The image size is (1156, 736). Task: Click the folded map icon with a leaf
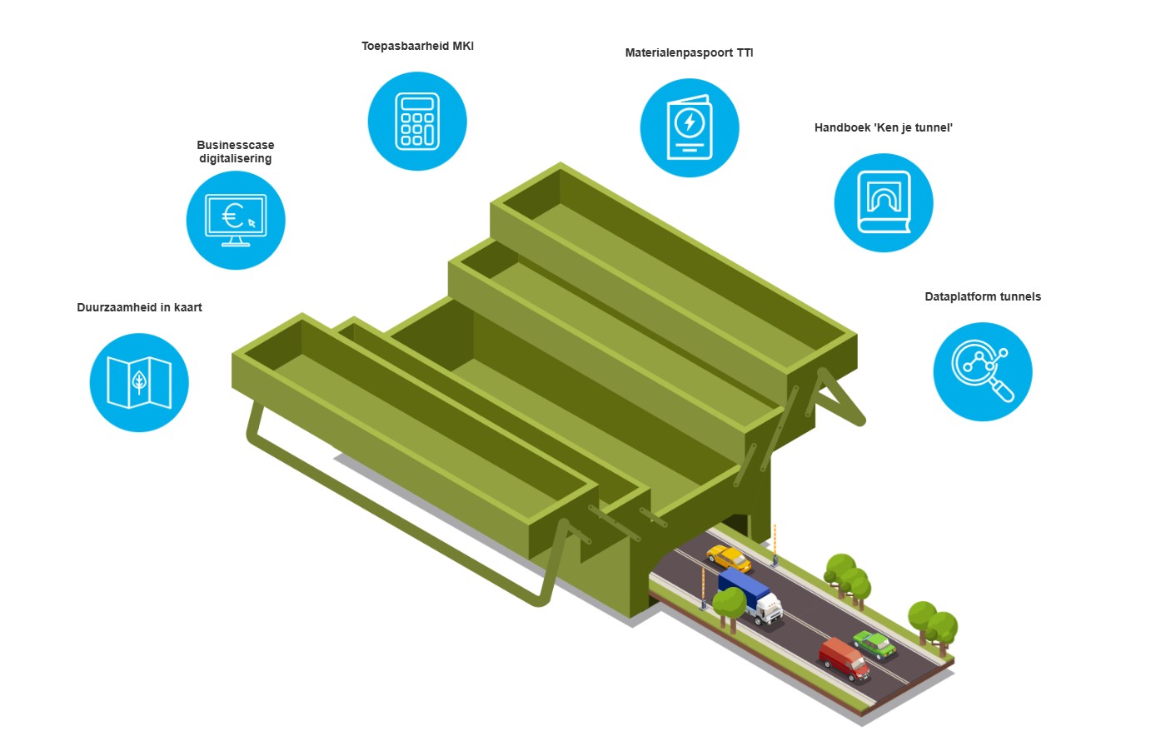click(x=139, y=383)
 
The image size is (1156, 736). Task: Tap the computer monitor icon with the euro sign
click(x=236, y=221)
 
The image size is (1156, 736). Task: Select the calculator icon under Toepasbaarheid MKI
click(x=417, y=122)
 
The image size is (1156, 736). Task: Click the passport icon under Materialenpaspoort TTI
click(x=689, y=128)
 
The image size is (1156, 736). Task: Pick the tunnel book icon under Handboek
click(x=884, y=203)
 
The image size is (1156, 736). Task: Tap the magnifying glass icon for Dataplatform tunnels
click(x=983, y=371)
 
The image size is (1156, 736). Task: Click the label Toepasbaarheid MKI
click(x=417, y=47)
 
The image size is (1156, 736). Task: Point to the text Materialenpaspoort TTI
click(x=689, y=53)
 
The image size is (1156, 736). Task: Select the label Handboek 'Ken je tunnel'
click(x=884, y=128)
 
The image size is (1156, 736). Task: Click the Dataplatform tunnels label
click(x=983, y=297)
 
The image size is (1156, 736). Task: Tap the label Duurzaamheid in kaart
click(x=139, y=308)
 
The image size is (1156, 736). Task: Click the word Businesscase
click(x=236, y=146)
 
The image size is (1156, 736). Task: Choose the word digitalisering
click(x=236, y=159)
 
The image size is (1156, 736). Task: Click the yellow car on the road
click(x=728, y=558)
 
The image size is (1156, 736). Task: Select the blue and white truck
click(x=750, y=595)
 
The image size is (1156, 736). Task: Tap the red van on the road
click(x=844, y=659)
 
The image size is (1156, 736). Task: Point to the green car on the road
click(x=874, y=643)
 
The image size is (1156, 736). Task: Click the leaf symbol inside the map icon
click(x=139, y=382)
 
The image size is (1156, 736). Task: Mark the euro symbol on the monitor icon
click(x=232, y=217)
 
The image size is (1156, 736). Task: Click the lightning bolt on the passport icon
click(x=689, y=123)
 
